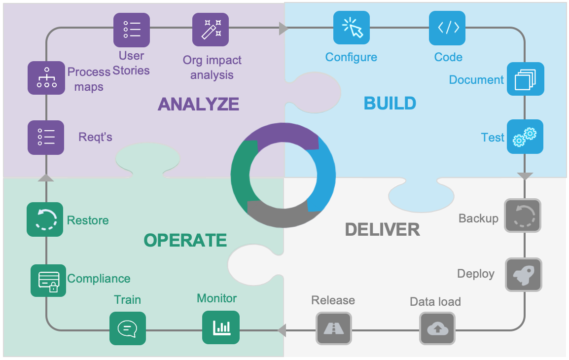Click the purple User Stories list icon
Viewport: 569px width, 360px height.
132,30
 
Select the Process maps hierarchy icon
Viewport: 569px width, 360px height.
46,78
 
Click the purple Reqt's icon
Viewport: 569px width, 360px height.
46,137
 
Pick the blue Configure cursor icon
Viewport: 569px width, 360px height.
352,28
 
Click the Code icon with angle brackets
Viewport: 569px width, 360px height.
447,28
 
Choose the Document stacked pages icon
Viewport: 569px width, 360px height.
525,79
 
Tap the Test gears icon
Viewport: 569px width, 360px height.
525,137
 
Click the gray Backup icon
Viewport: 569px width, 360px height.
523,216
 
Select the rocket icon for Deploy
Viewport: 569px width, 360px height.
523,275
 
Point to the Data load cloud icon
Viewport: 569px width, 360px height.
437,328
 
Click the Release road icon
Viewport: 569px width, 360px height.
334,328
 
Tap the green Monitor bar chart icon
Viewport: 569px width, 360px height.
221,327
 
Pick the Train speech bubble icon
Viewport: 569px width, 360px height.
127,328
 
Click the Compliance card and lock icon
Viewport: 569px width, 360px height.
48,281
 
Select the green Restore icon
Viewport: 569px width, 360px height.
45,219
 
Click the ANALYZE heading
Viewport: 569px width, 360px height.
198,105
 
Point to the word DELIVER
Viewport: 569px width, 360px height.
382,229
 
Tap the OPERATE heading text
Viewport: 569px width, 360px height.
185,240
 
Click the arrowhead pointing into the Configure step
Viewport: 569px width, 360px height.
284,29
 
